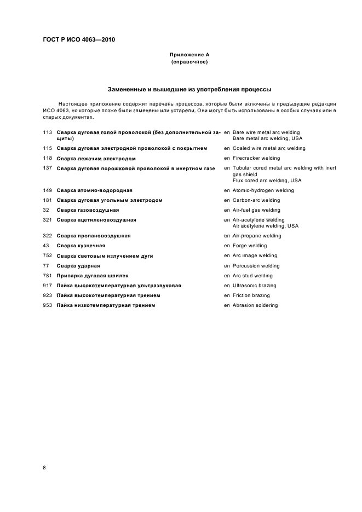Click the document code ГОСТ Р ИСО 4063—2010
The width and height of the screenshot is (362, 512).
(x=79, y=40)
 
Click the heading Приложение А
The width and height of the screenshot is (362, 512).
(x=189, y=55)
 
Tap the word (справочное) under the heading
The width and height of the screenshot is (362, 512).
(x=189, y=62)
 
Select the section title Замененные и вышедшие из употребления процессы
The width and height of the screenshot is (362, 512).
(x=189, y=89)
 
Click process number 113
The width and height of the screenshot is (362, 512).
(x=47, y=132)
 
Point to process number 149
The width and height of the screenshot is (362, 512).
(x=47, y=190)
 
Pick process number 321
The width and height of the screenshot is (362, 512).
(x=47, y=220)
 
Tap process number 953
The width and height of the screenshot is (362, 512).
(x=47, y=305)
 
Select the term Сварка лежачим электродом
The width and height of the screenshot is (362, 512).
(x=96, y=159)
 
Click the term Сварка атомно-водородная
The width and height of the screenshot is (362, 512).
(x=95, y=190)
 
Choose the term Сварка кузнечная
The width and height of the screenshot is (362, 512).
(x=81, y=246)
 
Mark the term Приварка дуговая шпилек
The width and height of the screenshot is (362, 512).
(x=93, y=276)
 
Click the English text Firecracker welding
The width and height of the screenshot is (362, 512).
(x=256, y=158)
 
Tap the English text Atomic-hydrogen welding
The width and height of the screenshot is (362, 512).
(x=263, y=190)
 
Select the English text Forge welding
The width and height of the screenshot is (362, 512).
(x=250, y=246)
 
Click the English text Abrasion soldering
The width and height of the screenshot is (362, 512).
(x=255, y=305)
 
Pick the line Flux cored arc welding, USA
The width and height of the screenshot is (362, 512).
(x=267, y=181)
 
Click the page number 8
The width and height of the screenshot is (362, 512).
(x=44, y=468)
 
